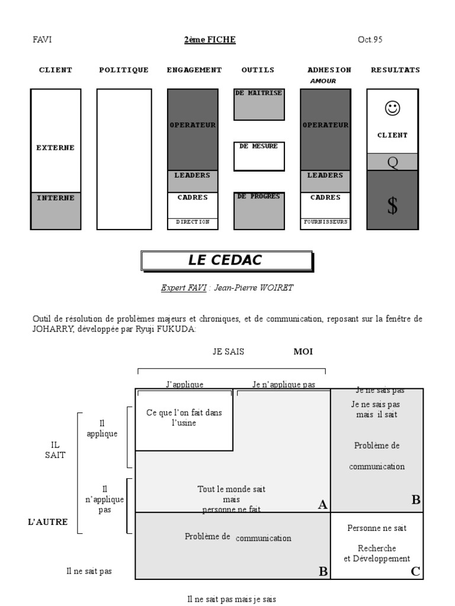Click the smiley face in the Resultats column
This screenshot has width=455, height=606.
392,108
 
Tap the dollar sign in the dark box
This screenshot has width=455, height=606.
392,206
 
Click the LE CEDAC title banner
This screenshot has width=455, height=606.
226,260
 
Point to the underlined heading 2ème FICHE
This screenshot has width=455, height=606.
210,40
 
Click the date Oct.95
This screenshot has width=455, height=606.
370,40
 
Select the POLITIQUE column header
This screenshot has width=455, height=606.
123,70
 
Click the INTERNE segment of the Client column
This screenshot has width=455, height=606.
56,198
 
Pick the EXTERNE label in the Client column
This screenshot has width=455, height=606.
56,148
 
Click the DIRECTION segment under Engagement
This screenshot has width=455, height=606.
193,222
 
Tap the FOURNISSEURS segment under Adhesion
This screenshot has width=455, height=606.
325,222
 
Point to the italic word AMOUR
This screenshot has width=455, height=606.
323,81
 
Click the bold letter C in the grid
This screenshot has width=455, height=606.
415,571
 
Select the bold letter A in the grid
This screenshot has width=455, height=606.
322,504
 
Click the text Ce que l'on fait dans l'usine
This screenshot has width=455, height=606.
184,418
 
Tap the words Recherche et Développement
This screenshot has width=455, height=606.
377,553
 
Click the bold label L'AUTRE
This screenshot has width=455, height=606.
48,522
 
